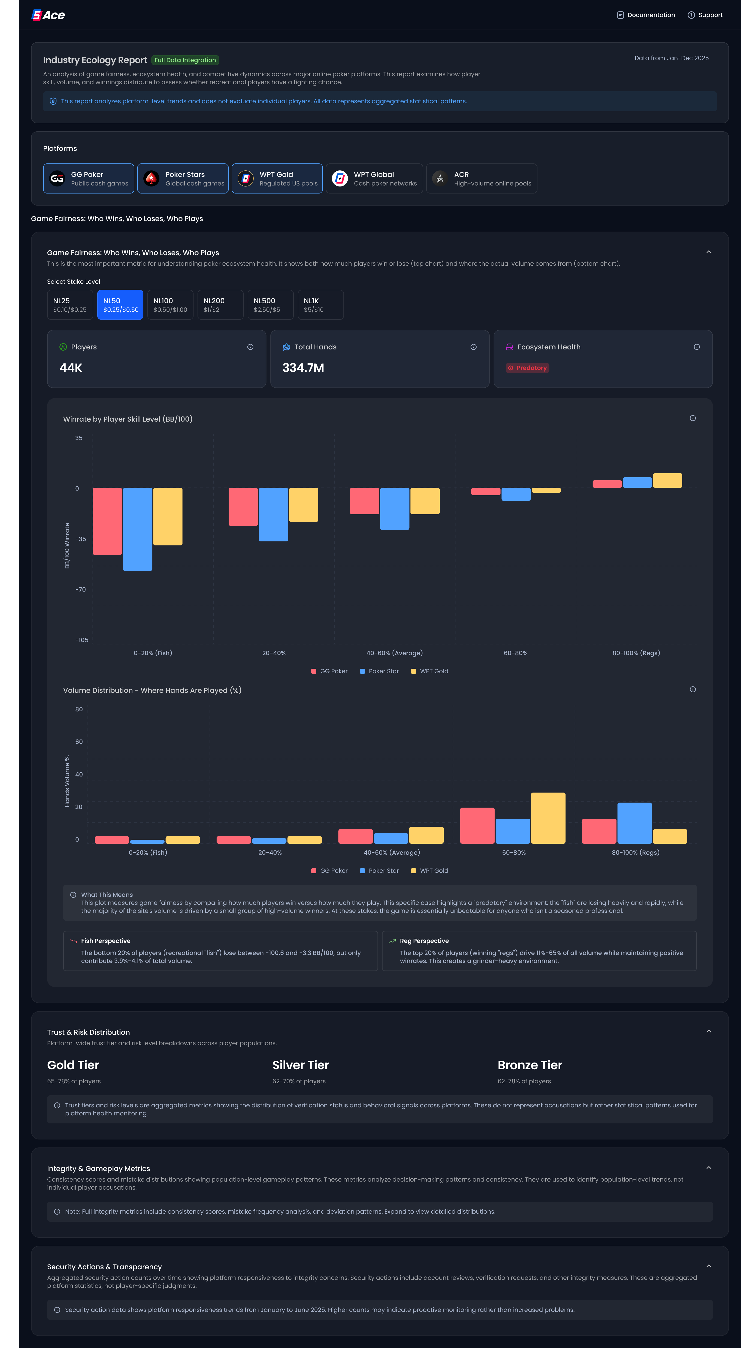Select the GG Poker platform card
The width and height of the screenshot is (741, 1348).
[x=88, y=178]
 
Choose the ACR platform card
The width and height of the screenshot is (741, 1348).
[x=482, y=178]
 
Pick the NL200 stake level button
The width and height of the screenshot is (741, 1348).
[x=220, y=305]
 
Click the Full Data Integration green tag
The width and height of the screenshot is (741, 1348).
[x=185, y=60]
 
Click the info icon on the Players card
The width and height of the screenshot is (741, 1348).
[x=250, y=347]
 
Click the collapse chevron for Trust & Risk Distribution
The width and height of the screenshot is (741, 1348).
[x=709, y=1031]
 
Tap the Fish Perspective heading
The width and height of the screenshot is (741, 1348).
[x=106, y=941]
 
